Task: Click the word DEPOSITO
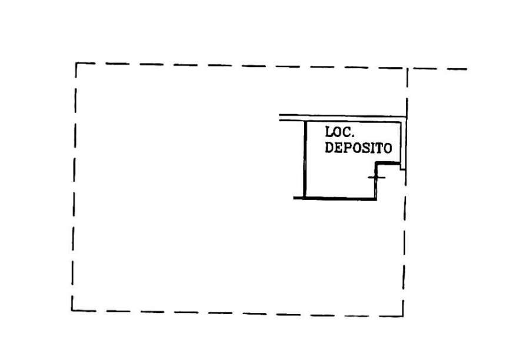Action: [x=358, y=148]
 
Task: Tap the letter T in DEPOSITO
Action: [x=379, y=148]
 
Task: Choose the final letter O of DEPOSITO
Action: [x=388, y=148]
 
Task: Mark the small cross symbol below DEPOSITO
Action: [x=377, y=177]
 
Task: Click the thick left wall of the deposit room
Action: [x=304, y=159]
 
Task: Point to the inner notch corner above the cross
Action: [x=376, y=164]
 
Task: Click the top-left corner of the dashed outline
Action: [x=76, y=63]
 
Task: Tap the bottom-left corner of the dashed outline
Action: [x=72, y=311]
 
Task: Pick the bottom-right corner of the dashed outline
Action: [x=403, y=316]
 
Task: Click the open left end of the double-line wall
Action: [x=279, y=118]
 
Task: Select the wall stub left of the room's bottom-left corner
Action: [x=298, y=198]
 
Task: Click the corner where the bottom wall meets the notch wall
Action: [x=375, y=199]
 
